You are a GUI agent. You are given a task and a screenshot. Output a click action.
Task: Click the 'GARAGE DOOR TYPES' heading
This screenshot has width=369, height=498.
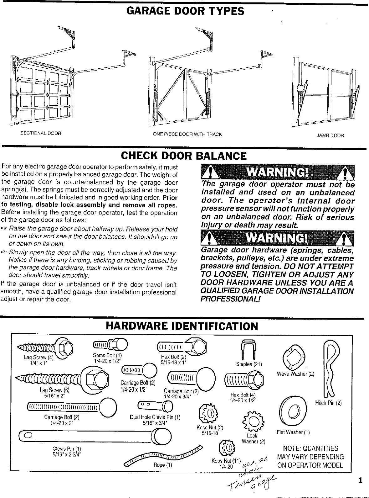(185, 12)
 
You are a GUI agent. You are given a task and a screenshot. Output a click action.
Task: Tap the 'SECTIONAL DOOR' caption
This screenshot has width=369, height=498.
(41, 133)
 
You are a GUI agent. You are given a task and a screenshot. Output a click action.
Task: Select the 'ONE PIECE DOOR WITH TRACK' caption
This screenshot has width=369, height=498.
(187, 134)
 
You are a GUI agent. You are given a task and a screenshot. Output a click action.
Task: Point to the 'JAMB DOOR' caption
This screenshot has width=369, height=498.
(330, 135)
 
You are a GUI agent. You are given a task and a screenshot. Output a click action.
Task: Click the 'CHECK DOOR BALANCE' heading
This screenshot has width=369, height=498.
(184, 156)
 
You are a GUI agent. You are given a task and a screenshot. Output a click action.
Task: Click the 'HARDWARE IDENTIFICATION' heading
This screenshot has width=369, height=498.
(182, 326)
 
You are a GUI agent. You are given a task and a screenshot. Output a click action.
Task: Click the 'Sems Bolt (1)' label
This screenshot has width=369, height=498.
(107, 355)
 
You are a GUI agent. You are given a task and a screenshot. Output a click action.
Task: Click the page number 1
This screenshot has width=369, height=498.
(360, 480)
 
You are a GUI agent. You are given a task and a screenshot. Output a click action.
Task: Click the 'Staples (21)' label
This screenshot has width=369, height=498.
(249, 364)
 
